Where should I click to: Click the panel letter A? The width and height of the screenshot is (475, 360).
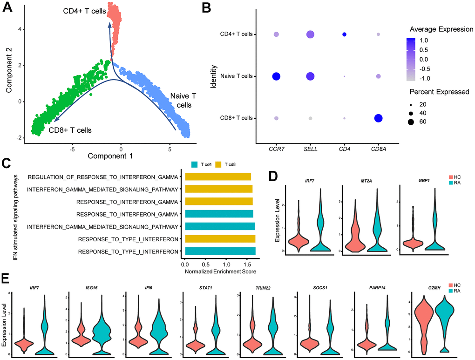(8, 8)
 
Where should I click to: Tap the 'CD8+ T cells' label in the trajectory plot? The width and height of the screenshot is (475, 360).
(70, 130)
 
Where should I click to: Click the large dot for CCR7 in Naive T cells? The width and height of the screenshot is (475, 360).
(276, 76)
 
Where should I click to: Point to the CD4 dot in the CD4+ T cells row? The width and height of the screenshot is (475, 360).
(344, 34)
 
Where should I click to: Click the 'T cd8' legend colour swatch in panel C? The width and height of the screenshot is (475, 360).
(221, 164)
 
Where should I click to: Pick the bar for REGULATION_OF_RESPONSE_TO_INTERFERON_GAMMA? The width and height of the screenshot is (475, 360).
(218, 177)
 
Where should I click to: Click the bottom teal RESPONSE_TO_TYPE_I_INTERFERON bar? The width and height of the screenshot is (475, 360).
(220, 252)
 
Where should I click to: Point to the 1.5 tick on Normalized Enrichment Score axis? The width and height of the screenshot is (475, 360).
(245, 264)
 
